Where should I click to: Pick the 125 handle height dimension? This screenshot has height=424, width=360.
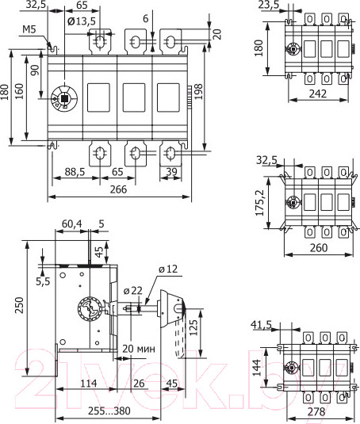190,327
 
